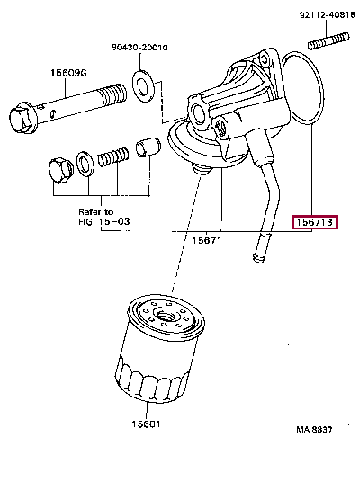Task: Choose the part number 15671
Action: [x=207, y=241]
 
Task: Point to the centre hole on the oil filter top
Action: [x=165, y=315]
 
